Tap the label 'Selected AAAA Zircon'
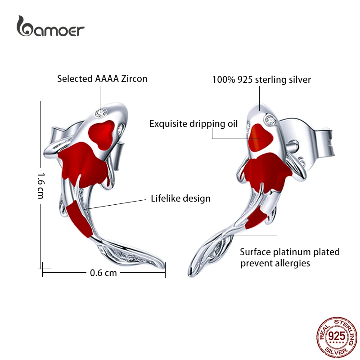(102, 79)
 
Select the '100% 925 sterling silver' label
(261, 80)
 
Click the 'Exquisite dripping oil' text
(193, 124)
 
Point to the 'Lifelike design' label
(180, 198)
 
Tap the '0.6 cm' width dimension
(103, 272)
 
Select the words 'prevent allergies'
(275, 263)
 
